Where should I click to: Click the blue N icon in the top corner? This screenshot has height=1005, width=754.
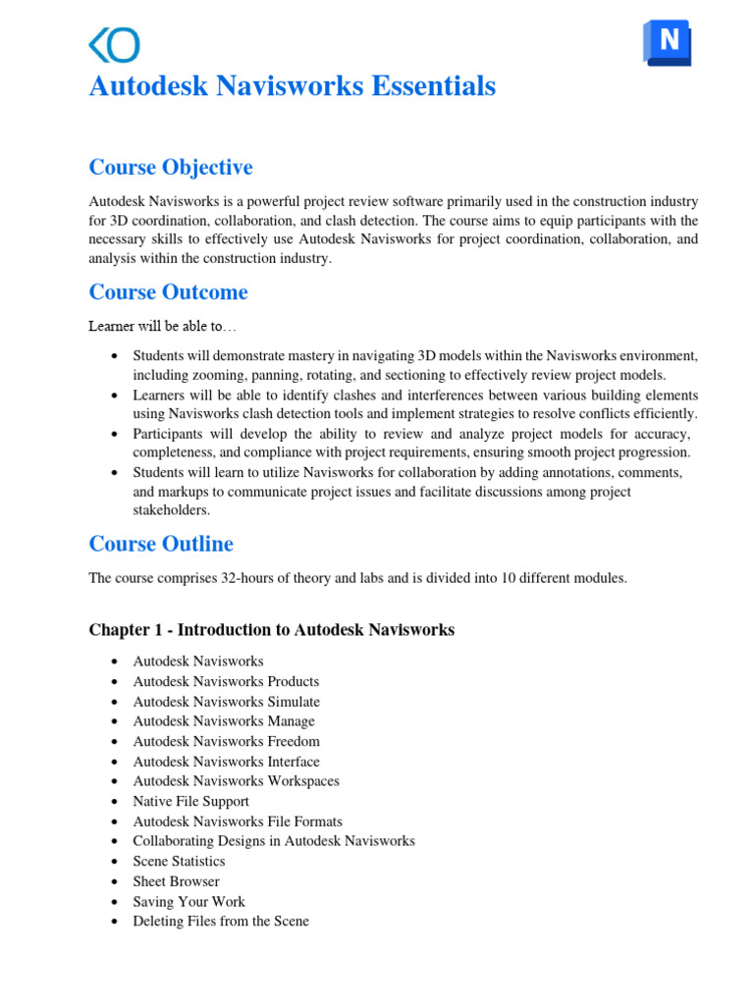click(668, 42)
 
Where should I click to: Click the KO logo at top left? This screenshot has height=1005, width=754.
click(114, 45)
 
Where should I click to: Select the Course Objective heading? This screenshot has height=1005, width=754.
click(171, 167)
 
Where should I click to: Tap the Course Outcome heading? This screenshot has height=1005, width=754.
click(168, 291)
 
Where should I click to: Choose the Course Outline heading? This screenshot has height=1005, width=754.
click(161, 544)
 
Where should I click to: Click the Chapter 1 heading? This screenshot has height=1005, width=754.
click(271, 630)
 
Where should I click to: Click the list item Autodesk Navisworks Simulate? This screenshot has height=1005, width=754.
click(226, 702)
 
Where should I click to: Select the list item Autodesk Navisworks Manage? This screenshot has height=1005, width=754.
click(224, 721)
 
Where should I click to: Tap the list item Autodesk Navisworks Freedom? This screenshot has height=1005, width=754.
click(226, 741)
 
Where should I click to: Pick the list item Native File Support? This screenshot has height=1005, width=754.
click(190, 801)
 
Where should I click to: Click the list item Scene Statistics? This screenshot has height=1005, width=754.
click(179, 861)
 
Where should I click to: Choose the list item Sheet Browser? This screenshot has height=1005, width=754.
click(176, 881)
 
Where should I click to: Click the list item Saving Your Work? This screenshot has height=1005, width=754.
click(188, 901)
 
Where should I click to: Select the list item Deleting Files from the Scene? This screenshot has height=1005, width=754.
click(221, 921)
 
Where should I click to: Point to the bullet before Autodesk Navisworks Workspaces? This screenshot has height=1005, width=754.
click(116, 782)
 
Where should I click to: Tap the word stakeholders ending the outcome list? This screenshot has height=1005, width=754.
click(171, 510)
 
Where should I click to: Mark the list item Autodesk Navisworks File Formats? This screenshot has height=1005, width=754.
click(238, 821)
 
